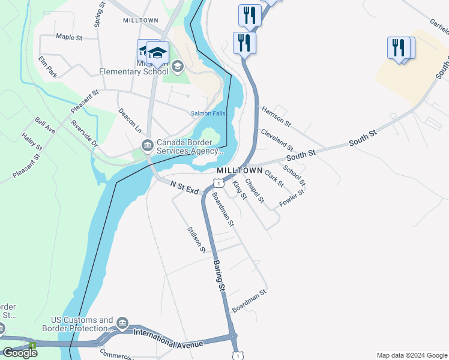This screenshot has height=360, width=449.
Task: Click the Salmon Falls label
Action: (x=208, y=113)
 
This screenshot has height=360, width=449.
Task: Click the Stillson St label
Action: (x=196, y=239)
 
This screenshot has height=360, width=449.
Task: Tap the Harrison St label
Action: (x=276, y=116)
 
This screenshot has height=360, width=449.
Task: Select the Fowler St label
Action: (x=292, y=198)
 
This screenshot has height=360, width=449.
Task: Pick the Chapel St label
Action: (x=255, y=193)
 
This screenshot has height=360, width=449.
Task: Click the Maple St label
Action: (x=69, y=37)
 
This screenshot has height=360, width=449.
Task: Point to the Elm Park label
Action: (x=47, y=67)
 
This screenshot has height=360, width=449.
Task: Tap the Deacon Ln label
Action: (x=130, y=121)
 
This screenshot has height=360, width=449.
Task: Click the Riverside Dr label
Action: (x=84, y=134)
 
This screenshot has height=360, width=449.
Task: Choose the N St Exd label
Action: (x=184, y=188)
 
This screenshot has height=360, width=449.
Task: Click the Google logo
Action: (x=20, y=352)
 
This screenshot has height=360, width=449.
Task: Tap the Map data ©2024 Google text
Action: (x=411, y=355)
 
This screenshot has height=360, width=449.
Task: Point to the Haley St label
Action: (x=32, y=142)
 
